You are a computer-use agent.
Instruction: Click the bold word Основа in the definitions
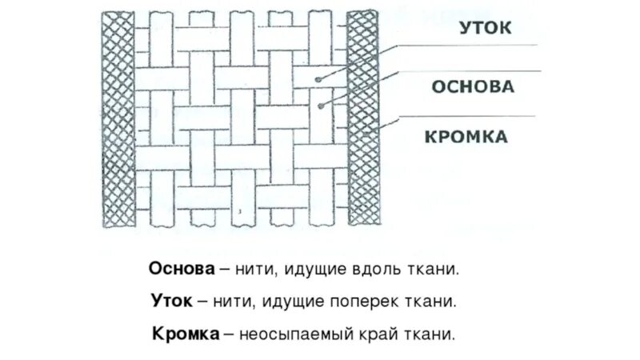182,269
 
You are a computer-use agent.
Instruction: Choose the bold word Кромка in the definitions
186,334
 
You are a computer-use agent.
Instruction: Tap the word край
386,334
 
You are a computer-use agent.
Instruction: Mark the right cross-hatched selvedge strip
362,120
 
